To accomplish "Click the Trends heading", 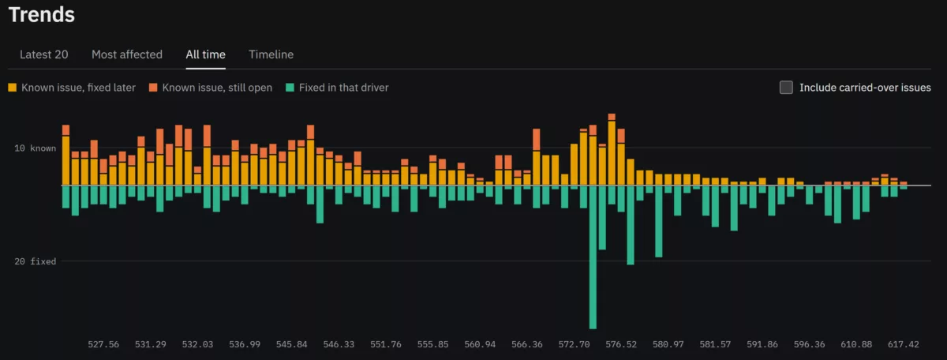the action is (x=41, y=15).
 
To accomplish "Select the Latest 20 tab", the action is (x=44, y=54).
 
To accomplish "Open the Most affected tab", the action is (x=127, y=54).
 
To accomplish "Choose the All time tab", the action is (x=205, y=54).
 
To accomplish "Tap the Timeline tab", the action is (x=271, y=54).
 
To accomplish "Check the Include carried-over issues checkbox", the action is (x=786, y=88).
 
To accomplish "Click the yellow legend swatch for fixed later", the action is (x=13, y=88).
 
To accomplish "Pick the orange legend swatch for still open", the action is (x=153, y=88).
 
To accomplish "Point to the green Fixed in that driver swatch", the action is (x=290, y=88).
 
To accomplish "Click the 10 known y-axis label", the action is (x=35, y=148).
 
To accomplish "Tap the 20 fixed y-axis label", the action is (x=35, y=261).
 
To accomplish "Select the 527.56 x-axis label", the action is (x=103, y=344).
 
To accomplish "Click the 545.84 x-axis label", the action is (x=292, y=344).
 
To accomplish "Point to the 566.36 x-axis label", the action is (x=527, y=344).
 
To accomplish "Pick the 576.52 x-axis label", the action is (x=621, y=344).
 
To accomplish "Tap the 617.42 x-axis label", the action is (x=904, y=344).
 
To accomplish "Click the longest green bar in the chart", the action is (x=593, y=257).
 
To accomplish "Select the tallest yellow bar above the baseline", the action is (x=612, y=153).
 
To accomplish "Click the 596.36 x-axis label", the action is (x=809, y=344).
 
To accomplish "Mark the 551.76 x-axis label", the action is (x=386, y=344).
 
